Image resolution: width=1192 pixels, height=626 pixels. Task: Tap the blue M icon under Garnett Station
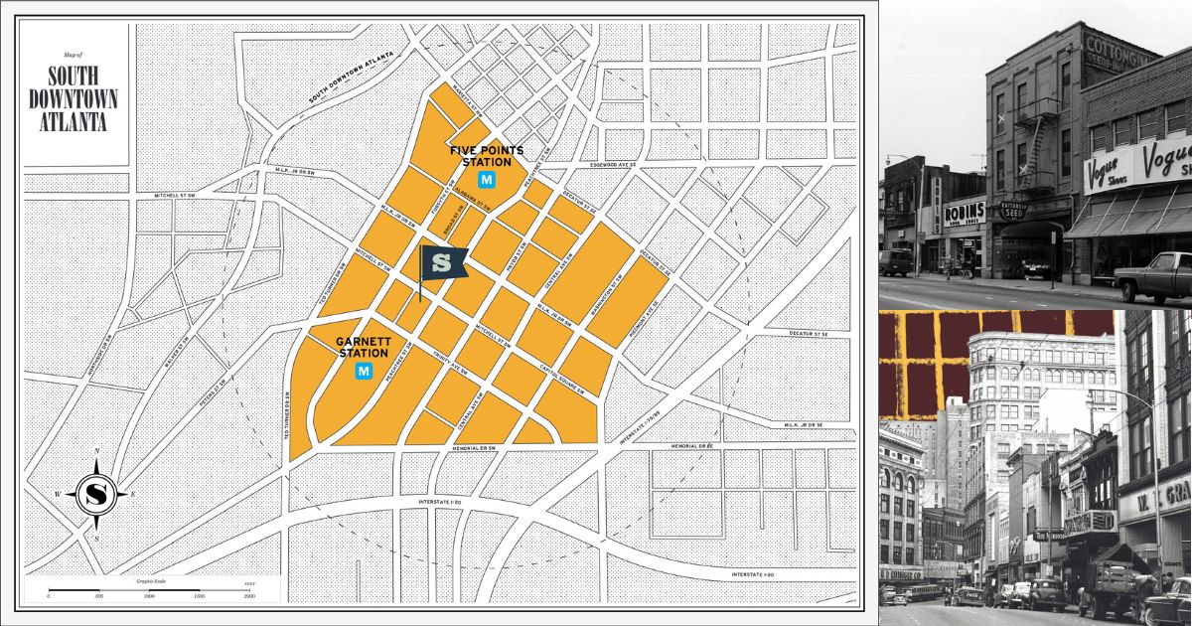pos(364,371)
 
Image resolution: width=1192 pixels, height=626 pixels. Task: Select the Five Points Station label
pos(487,156)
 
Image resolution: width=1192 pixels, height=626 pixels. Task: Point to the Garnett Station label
pos(364,347)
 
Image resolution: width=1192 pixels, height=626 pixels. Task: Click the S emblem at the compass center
pos(96,493)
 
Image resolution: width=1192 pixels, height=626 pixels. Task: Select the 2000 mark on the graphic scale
pos(249,595)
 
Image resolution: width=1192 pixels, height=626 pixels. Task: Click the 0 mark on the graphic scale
pos(49,595)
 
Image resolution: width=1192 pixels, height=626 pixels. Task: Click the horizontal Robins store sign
pos(964,211)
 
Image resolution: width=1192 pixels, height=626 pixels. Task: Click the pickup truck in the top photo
pos(1154,276)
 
